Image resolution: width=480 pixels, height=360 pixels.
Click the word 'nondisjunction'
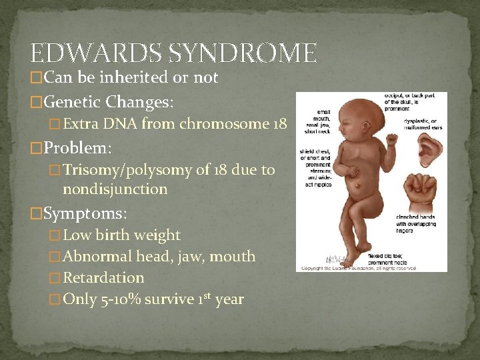pos(115,189)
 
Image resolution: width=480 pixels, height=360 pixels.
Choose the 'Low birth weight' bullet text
pos(121,235)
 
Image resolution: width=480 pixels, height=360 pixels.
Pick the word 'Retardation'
pos(103,277)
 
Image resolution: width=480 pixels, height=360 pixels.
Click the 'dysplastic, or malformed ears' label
pos(422,124)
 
